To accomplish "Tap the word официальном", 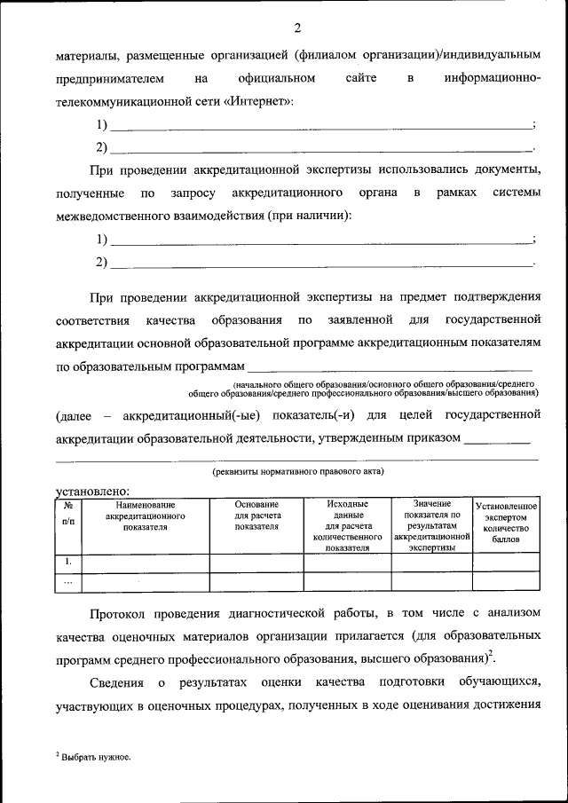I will (x=277, y=78).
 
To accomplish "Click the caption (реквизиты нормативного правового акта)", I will (x=296, y=471).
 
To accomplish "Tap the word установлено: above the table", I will (x=93, y=491).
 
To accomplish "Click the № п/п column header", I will (x=68, y=515).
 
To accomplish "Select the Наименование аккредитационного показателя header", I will (x=145, y=516).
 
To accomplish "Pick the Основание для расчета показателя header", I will (x=256, y=516).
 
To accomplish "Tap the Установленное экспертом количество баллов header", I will (x=506, y=523).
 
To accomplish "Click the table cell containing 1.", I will (x=68, y=562).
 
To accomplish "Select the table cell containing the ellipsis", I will (x=68, y=582).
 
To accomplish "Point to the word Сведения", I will (x=117, y=681).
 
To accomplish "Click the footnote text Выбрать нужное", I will (x=94, y=757).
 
